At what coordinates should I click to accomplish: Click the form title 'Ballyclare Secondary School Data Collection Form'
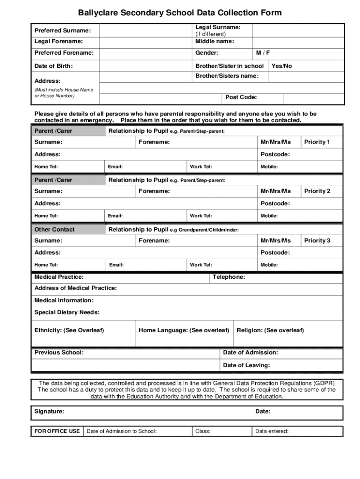180,13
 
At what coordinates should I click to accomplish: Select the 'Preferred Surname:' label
63,30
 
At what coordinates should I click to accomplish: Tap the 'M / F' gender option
263,53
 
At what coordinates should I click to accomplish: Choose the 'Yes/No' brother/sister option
281,66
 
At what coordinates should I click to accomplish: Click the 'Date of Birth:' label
54,66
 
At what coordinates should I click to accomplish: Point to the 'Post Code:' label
241,97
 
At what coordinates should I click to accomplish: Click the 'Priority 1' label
317,142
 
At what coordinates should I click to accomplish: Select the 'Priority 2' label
317,191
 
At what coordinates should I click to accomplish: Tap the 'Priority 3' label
317,240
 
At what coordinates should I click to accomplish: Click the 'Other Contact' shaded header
55,229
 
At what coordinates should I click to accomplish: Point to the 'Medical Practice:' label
59,277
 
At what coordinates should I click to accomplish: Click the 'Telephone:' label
229,277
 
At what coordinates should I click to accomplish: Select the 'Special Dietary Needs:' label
67,312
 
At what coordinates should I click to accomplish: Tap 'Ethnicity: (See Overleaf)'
69,330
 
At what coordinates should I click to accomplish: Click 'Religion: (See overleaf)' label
270,330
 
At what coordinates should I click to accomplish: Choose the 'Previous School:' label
59,352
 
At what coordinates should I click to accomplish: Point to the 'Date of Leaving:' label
246,365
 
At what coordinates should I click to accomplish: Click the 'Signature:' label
50,412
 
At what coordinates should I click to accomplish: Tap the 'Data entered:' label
272,431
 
